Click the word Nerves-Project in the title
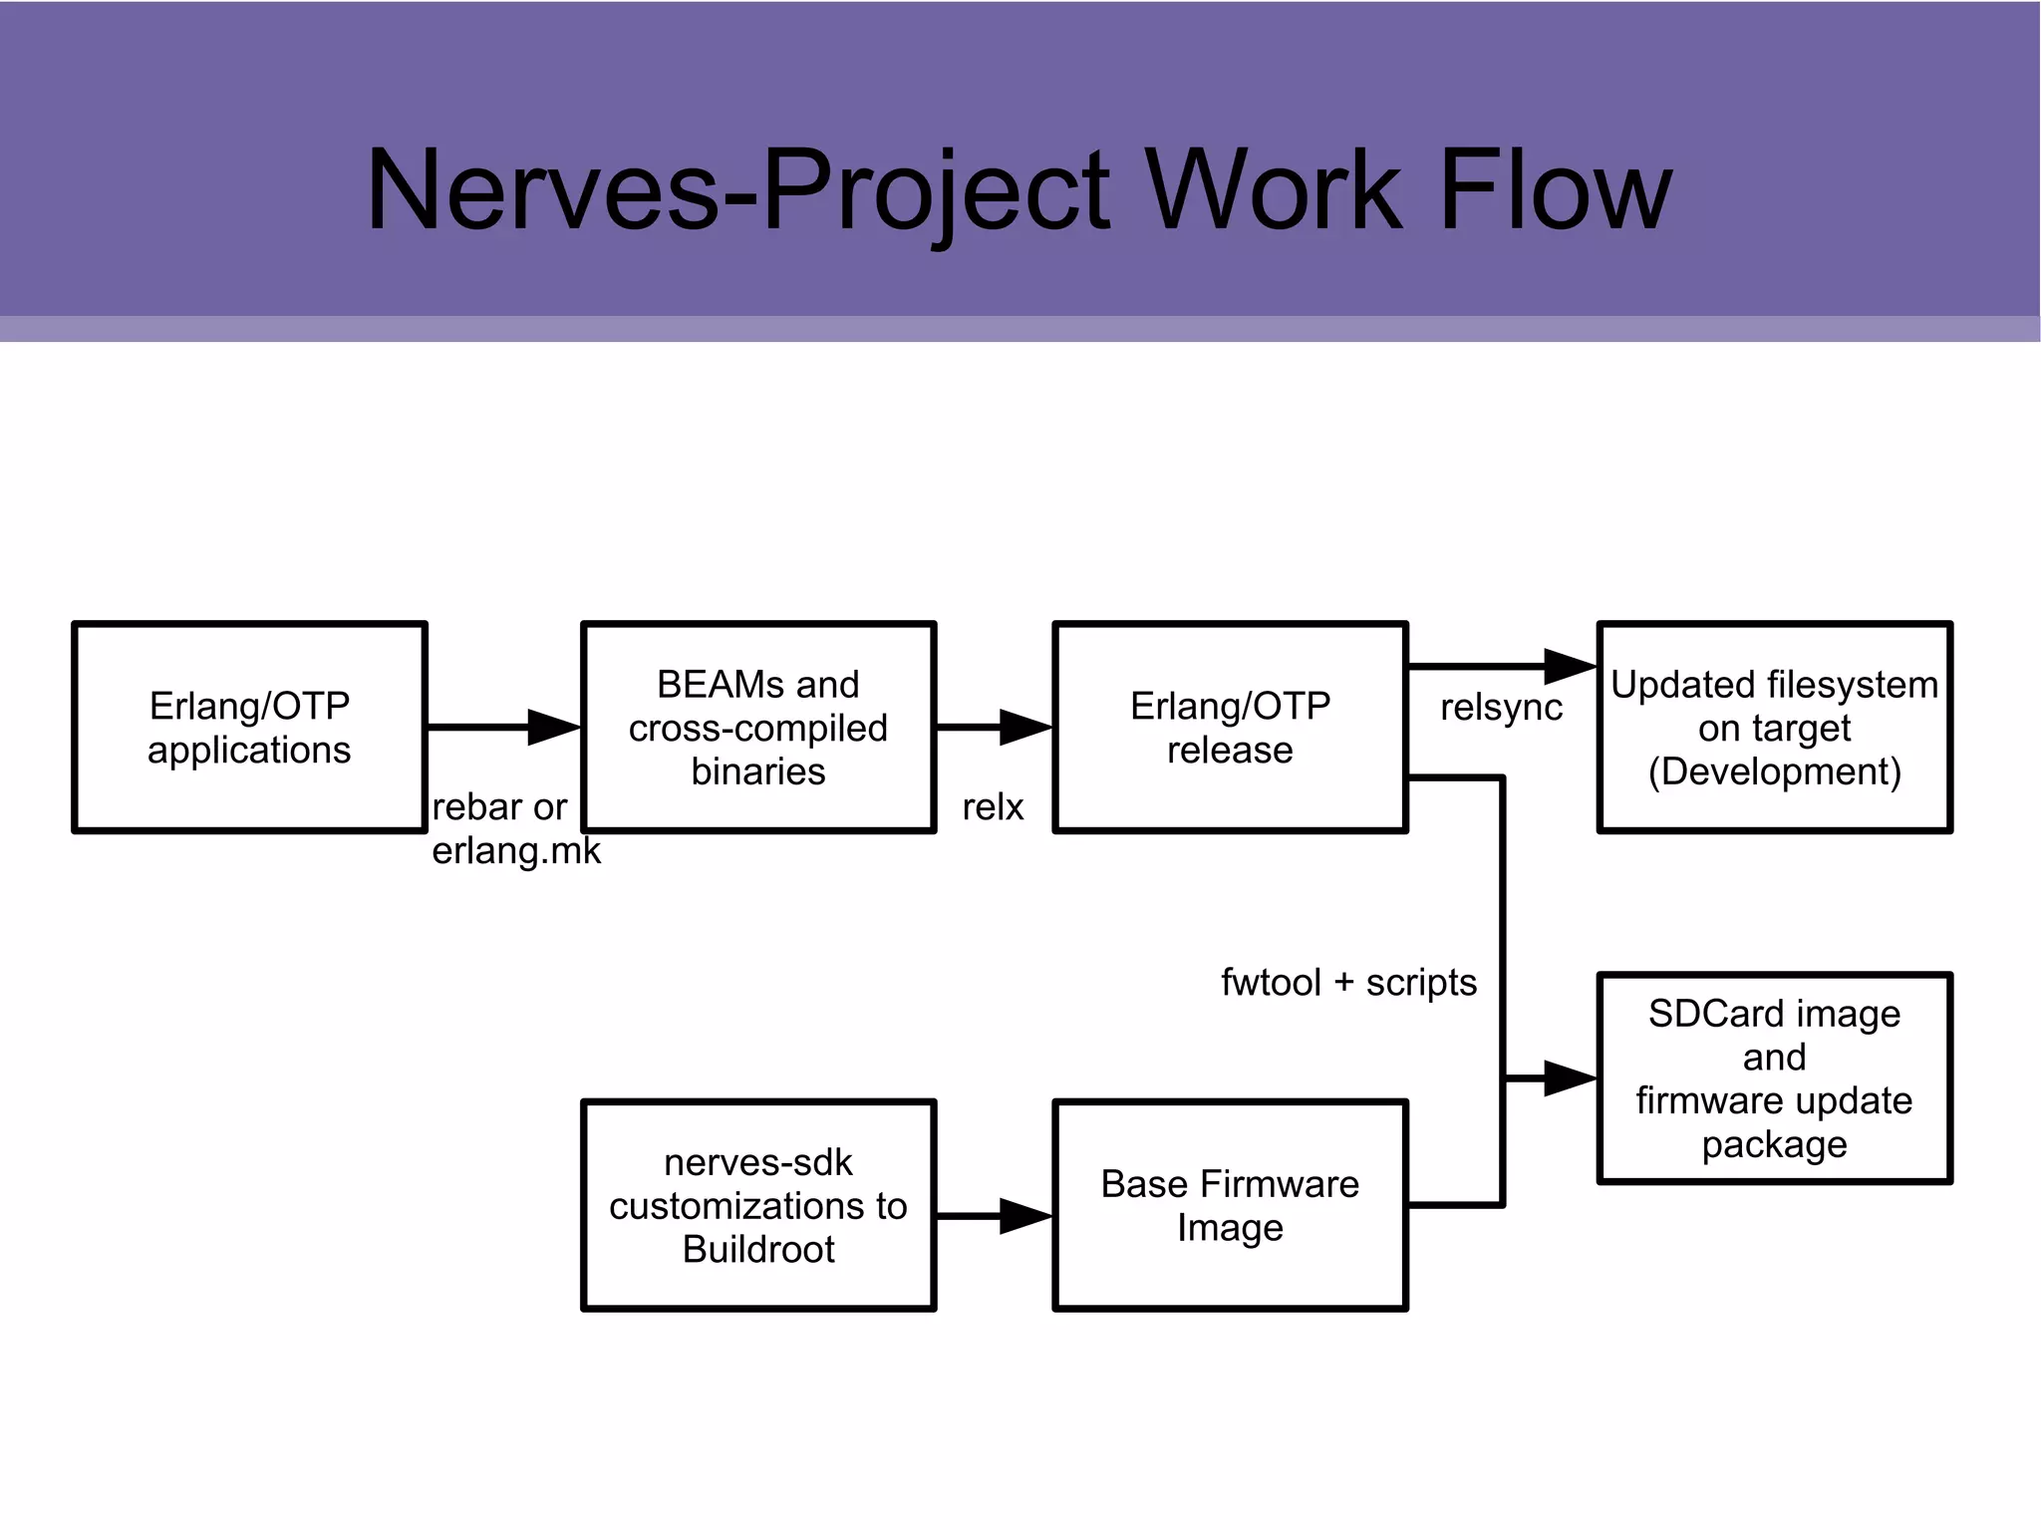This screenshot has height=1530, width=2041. coord(737,189)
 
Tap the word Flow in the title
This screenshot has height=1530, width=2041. coord(1555,189)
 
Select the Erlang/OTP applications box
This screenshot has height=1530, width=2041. coord(249,728)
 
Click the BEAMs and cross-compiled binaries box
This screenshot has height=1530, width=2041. coord(758,728)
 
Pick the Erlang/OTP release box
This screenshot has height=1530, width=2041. coord(1230,728)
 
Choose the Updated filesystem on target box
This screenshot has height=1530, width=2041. coord(1774,728)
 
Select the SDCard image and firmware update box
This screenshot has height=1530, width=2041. coord(1774,1078)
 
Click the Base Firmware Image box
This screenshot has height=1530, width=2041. coord(1230,1205)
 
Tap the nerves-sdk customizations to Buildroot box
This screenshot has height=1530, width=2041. coord(758,1205)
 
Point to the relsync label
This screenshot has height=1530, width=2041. coord(1501,708)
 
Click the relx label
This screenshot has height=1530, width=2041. coord(993,807)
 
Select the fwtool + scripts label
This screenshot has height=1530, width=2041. coord(1348,983)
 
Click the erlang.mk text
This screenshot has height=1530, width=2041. coord(516,851)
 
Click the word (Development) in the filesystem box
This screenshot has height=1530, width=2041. coord(1774,772)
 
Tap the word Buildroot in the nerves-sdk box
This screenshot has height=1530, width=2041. coord(758,1250)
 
